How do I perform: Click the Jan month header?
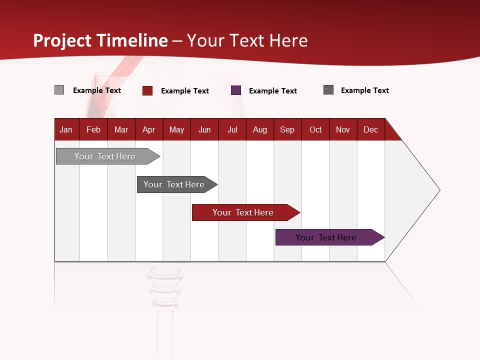click(x=66, y=129)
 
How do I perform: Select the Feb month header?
click(x=93, y=129)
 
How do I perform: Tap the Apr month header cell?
click(x=149, y=129)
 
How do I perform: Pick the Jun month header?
click(x=204, y=129)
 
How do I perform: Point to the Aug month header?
click(x=260, y=129)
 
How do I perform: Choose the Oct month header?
click(x=315, y=129)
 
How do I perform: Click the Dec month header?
click(x=370, y=129)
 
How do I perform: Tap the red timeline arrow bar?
click(x=244, y=212)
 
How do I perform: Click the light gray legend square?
click(x=59, y=90)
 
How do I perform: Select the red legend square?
click(x=147, y=90)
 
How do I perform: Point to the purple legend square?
click(x=236, y=90)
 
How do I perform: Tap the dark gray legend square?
click(x=328, y=90)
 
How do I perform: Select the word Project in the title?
click(x=63, y=40)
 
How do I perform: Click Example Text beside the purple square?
click(x=273, y=91)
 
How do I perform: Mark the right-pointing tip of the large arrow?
click(x=438, y=190)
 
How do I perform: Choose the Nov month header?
click(x=343, y=129)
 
